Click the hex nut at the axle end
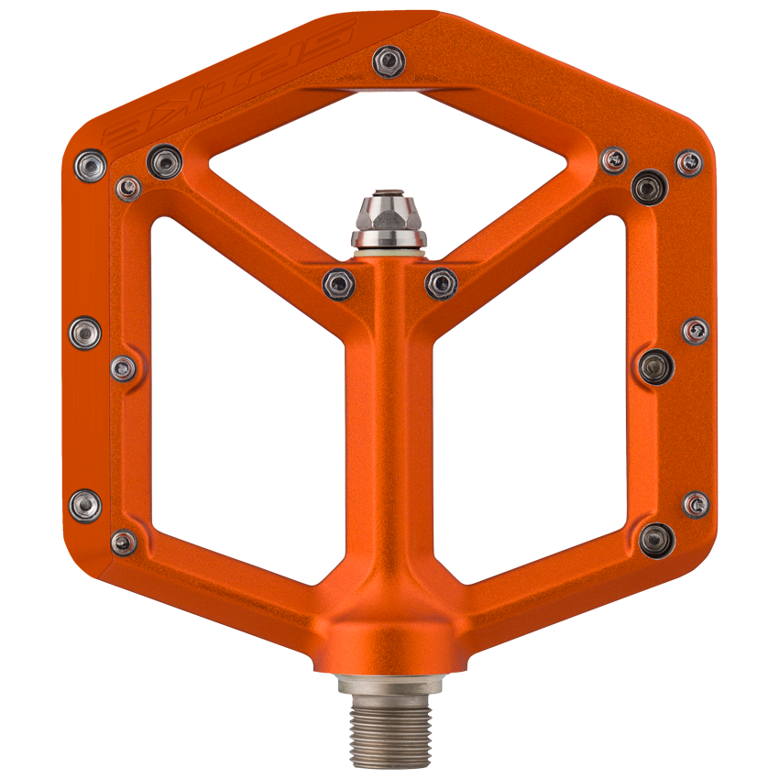(389, 214)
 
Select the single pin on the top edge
(389, 61)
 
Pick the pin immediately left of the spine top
(338, 282)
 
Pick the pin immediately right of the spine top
(441, 282)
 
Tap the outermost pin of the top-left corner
(91, 166)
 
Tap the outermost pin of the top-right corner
(689, 163)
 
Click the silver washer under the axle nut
(389, 241)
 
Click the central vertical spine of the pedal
(389, 440)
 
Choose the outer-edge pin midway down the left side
(85, 332)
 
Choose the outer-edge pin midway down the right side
(696, 331)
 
